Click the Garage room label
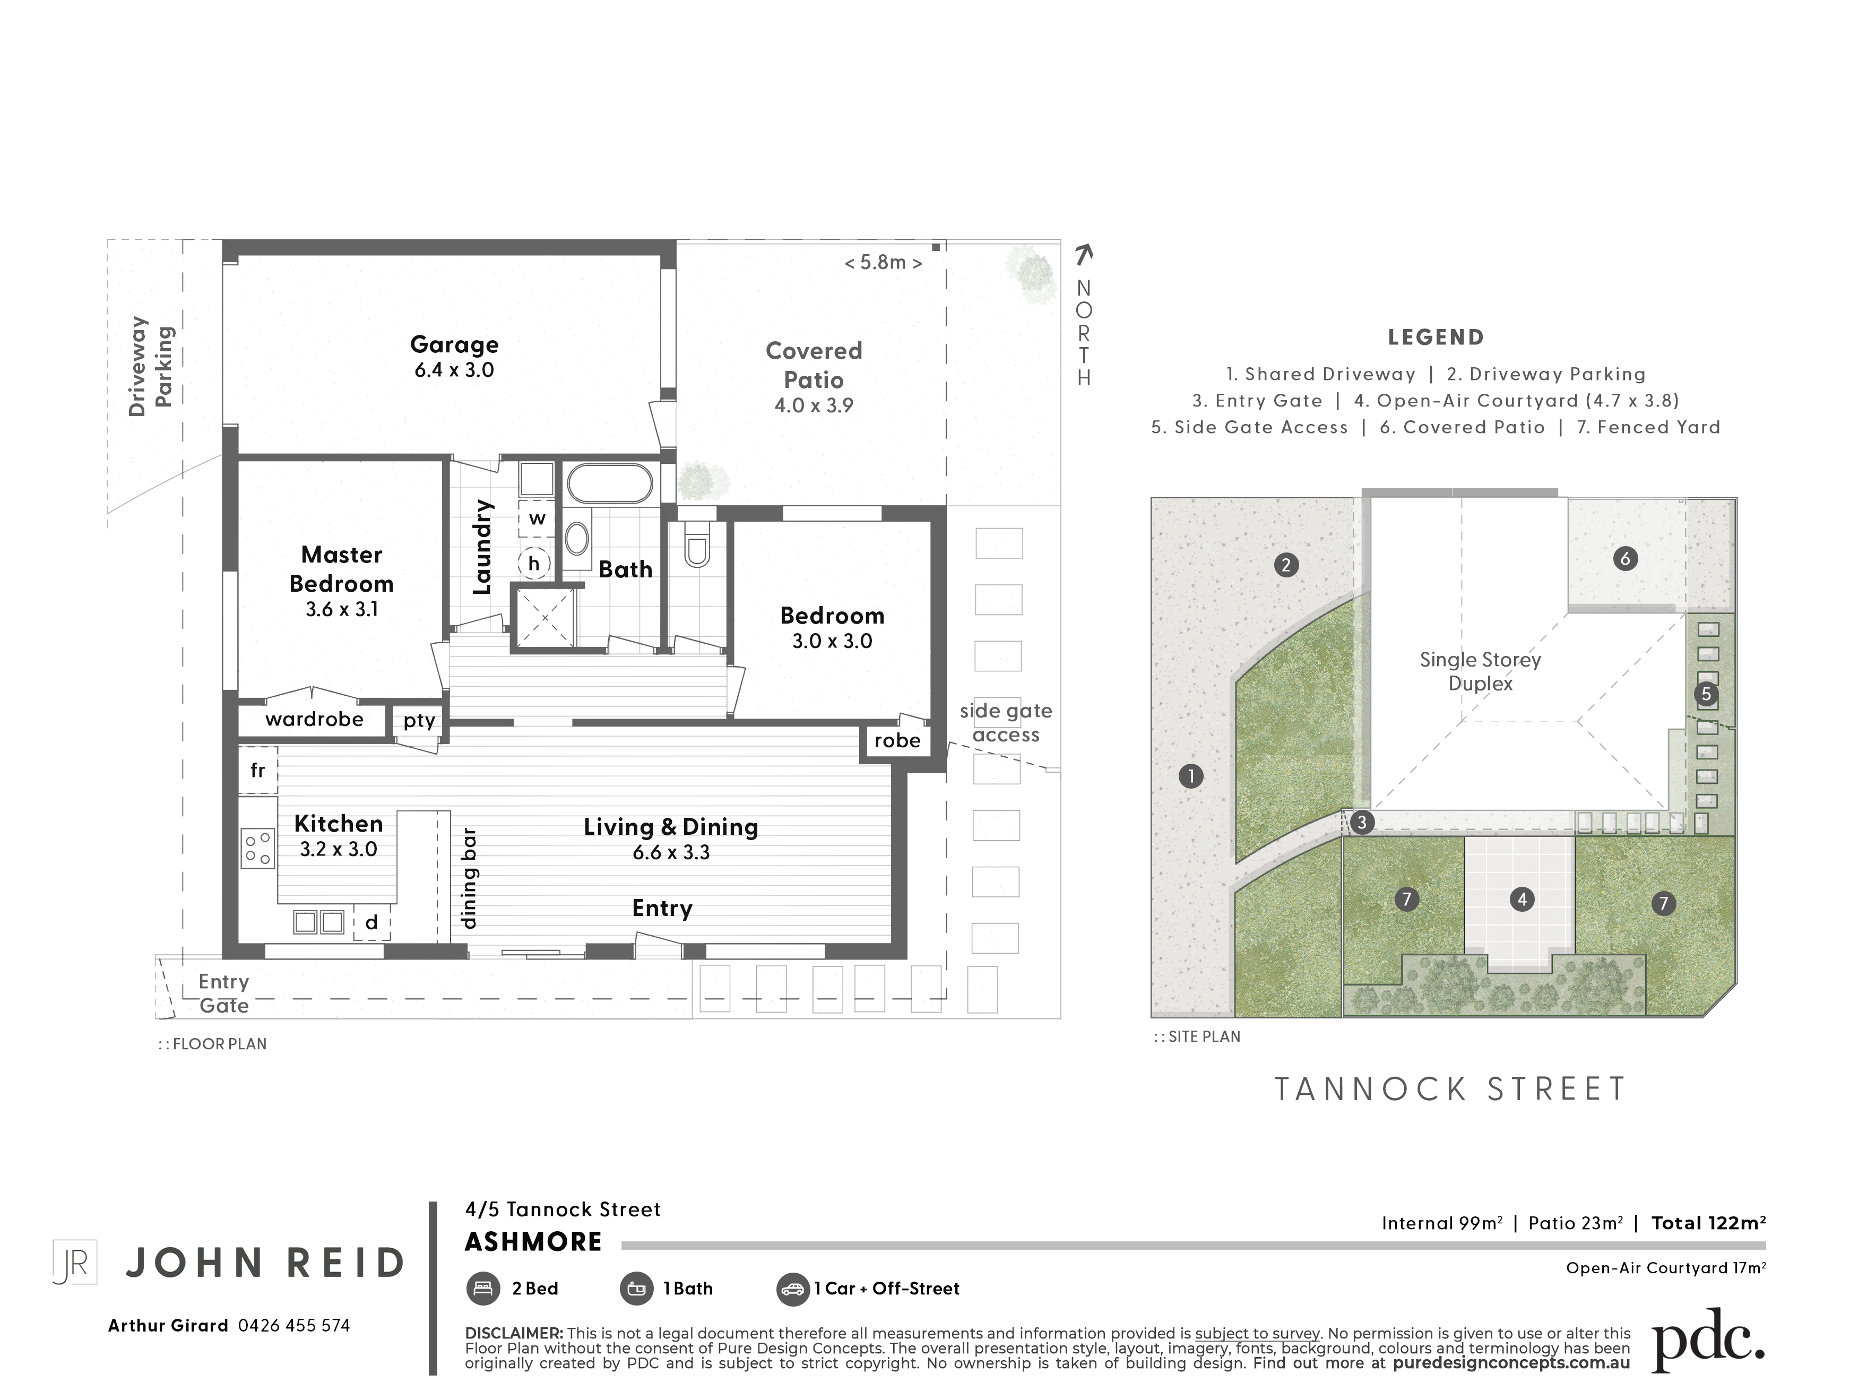(x=454, y=344)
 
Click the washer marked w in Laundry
(x=538, y=518)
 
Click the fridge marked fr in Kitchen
(x=257, y=770)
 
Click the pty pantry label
(x=419, y=721)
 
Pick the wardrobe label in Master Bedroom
(x=314, y=719)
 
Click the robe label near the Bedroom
(x=897, y=740)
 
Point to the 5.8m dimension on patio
(x=883, y=263)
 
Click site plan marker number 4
(x=1522, y=900)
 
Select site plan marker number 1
(x=1191, y=775)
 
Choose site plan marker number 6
(x=1625, y=558)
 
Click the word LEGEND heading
(x=1436, y=338)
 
